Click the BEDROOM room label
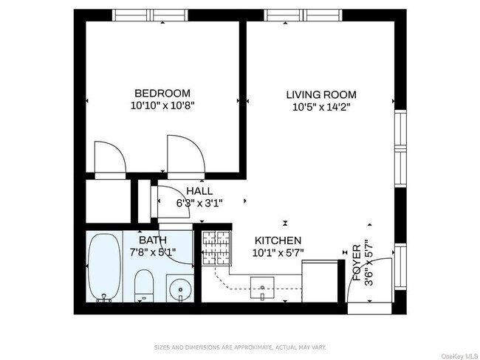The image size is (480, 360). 162,93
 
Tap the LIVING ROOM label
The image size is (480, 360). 321,94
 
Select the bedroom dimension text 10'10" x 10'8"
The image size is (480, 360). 162,105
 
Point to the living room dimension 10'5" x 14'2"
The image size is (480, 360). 321,108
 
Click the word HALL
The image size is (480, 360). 199,191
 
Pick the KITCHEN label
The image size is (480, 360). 278,240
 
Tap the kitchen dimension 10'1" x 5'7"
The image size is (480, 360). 278,253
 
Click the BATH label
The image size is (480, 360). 153,240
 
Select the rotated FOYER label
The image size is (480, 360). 357,263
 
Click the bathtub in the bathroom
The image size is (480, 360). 104,268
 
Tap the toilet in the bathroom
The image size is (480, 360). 143,285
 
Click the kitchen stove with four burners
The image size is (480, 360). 216,248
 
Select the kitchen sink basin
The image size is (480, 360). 262,288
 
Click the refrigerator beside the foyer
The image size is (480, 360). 320,281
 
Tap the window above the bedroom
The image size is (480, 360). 150,15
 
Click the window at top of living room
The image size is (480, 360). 303,15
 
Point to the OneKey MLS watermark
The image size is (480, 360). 459,356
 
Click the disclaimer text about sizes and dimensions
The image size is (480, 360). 240,347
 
